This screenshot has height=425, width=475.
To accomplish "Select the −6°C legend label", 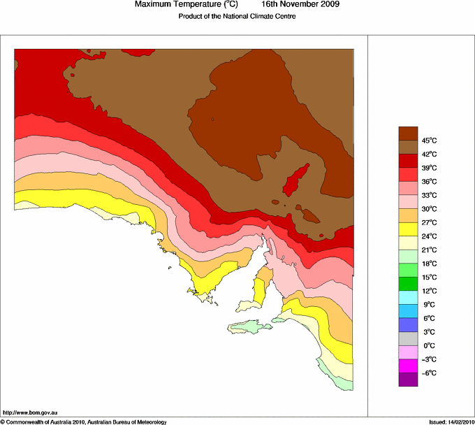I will click(430, 373).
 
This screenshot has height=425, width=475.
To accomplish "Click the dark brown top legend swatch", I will click(408, 133).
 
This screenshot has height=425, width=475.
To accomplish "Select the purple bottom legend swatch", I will click(408, 380).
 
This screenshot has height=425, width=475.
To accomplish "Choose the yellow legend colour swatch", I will click(408, 229).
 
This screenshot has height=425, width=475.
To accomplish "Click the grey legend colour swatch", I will click(408, 338).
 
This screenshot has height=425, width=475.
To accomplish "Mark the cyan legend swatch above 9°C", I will click(408, 297).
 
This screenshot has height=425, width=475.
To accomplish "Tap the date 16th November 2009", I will click(301, 4).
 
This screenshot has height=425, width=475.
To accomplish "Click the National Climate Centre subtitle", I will click(237, 16).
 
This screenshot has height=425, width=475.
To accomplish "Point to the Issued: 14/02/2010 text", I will click(451, 422).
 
